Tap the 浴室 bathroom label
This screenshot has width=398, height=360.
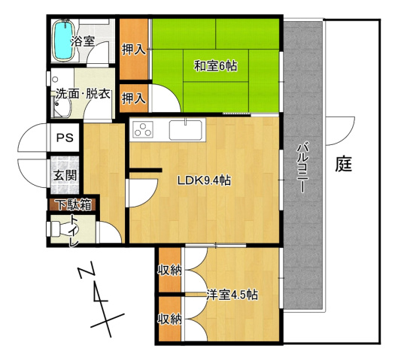[82, 42]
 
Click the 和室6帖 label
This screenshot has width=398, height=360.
[216, 66]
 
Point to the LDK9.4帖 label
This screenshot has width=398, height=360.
[204, 180]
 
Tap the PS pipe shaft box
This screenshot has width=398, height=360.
[63, 138]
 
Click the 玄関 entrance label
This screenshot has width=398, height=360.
[62, 175]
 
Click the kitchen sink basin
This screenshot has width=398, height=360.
[184, 129]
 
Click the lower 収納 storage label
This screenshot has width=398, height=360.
[169, 319]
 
